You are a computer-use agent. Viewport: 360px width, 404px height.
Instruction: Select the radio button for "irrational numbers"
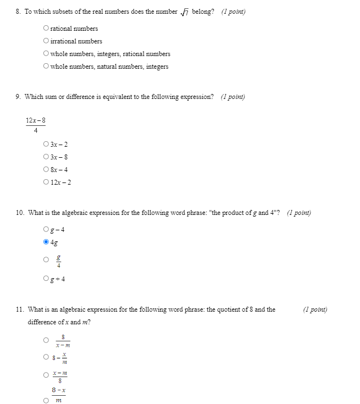point(46,41)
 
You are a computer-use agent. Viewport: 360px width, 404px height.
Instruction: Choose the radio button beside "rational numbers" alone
point(46,29)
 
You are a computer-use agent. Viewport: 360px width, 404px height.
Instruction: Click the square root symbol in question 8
point(185,12)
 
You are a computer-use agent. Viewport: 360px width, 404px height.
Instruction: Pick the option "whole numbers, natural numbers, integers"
point(46,67)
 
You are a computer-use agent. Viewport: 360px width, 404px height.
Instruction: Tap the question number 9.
point(19,97)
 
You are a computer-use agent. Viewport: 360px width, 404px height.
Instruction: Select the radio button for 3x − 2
point(46,145)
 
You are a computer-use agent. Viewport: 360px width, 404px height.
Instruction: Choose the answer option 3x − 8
point(46,157)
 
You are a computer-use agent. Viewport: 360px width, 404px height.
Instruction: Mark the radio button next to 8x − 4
point(46,170)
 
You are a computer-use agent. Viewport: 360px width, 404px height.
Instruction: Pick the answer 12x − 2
point(46,182)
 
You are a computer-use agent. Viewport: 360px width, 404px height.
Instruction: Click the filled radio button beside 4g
point(46,241)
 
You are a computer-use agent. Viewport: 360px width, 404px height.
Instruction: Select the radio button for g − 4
point(46,229)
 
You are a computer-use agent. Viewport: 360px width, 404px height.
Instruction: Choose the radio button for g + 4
point(46,279)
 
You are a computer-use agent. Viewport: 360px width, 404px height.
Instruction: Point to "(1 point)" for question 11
point(315,309)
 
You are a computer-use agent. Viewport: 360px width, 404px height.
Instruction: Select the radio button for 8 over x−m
point(46,341)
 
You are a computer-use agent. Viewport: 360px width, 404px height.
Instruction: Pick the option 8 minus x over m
point(46,358)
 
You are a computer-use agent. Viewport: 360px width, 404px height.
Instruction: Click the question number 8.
point(19,12)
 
